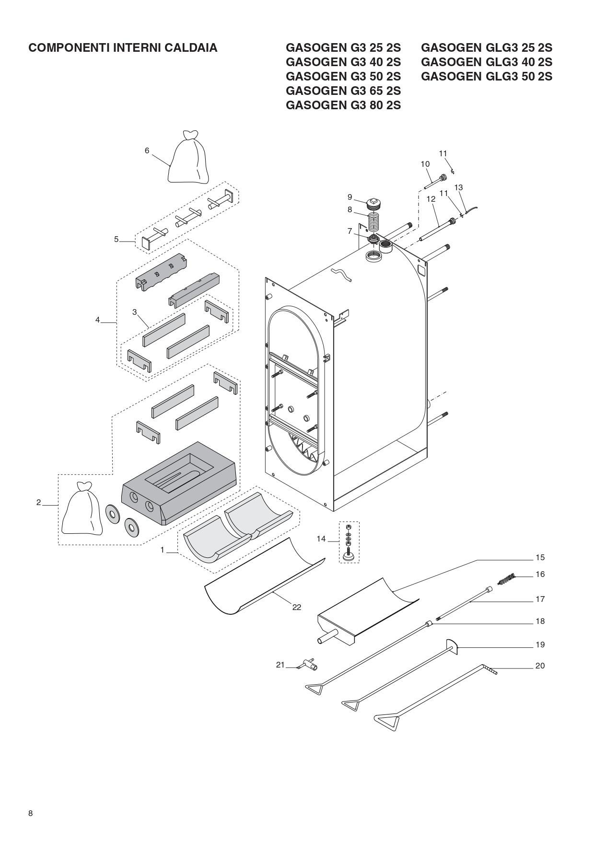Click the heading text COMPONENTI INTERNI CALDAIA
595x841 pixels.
[123, 48]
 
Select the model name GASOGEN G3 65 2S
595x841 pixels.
[343, 91]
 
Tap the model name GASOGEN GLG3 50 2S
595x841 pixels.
[487, 77]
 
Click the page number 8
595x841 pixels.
[31, 813]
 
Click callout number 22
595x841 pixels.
[297, 607]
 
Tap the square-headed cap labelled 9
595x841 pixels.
[374, 204]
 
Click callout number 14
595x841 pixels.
[321, 539]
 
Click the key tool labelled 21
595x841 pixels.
[308, 665]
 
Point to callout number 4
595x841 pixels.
[97, 320]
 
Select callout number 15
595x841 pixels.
[540, 557]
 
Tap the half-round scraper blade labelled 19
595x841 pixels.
[452, 647]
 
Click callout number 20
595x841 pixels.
[540, 666]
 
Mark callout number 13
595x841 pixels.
[459, 187]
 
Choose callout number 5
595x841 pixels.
[116, 239]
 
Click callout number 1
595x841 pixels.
[162, 550]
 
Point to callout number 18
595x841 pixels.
[540, 621]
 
